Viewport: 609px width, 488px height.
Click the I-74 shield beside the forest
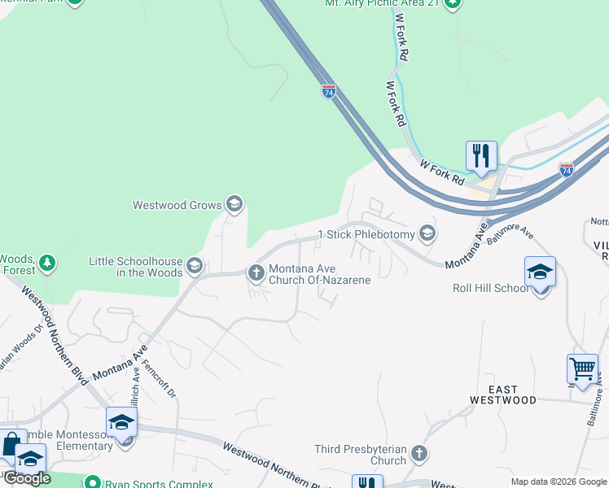(328, 91)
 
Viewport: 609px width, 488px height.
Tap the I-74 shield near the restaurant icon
(567, 169)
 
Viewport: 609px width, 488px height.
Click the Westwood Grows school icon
(234, 204)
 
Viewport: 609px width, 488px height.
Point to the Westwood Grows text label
(177, 205)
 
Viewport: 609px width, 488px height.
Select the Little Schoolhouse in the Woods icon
(195, 265)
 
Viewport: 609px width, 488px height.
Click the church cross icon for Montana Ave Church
(256, 272)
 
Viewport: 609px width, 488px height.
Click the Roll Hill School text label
(489, 288)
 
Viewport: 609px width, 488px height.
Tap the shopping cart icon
(582, 368)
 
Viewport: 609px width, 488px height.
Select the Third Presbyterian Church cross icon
(418, 453)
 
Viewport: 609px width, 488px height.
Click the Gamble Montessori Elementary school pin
(121, 423)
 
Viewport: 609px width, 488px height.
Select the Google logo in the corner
(27, 477)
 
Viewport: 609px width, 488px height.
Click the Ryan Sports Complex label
(158, 484)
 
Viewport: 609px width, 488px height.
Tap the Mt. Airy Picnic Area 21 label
(382, 4)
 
